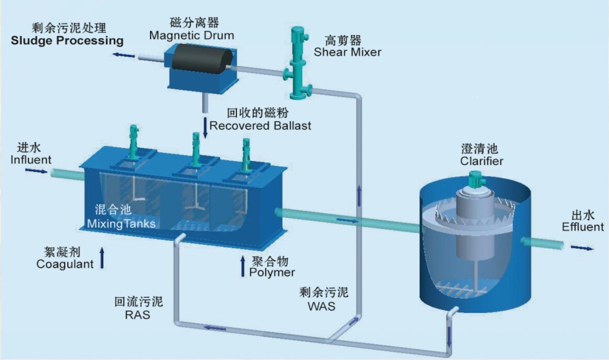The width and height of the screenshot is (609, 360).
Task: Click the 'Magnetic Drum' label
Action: click(192, 36)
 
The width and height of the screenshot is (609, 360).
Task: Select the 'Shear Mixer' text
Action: click(347, 52)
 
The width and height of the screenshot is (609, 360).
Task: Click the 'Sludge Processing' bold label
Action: click(67, 40)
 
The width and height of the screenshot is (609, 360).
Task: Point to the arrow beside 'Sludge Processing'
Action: click(124, 55)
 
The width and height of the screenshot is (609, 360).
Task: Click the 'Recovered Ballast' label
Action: click(260, 126)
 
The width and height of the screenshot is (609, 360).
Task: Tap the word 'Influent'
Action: click(31, 160)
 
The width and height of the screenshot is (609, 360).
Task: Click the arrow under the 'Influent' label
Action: click(36, 170)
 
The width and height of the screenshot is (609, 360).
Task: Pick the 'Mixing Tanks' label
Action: click(121, 224)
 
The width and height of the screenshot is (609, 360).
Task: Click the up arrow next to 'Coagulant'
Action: click(102, 258)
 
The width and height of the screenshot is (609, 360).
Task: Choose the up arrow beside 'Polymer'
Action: click(243, 266)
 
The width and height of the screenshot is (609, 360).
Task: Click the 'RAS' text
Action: click(137, 315)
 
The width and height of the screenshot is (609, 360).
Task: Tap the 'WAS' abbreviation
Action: click(321, 306)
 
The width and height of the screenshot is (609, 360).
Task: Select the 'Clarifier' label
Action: click(481, 161)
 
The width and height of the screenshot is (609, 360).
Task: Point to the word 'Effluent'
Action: click(583, 227)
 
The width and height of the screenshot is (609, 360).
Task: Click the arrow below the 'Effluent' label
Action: click(582, 248)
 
